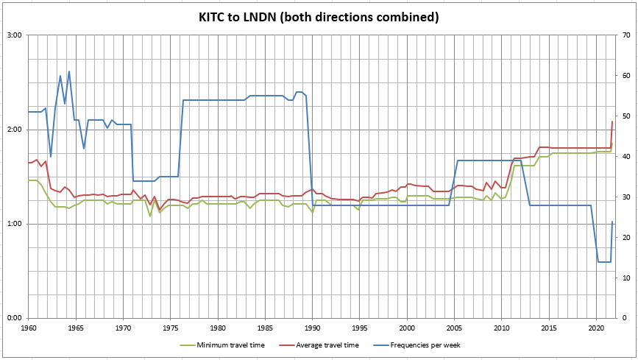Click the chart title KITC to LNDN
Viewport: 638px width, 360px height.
click(x=319, y=16)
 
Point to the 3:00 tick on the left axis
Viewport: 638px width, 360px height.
click(x=15, y=35)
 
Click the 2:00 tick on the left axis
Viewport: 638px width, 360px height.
click(x=15, y=130)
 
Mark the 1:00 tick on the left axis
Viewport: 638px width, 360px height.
click(x=15, y=224)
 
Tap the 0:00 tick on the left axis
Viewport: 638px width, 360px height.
click(x=15, y=318)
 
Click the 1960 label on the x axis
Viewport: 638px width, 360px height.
click(x=29, y=327)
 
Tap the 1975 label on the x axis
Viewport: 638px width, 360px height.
click(x=171, y=327)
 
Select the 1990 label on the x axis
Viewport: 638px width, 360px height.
click(x=313, y=327)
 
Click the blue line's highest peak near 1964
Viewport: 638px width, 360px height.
click(x=69, y=71)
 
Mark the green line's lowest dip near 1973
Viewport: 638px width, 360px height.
click(x=150, y=216)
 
